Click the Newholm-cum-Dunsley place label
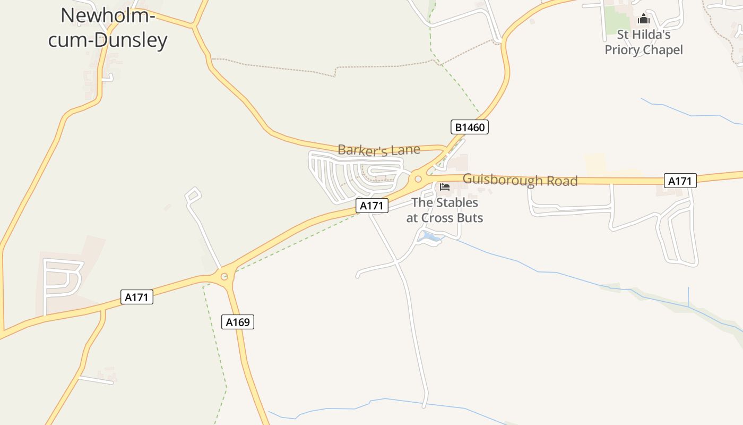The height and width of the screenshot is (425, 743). [x=108, y=28]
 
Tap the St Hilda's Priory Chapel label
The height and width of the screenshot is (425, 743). [x=644, y=42]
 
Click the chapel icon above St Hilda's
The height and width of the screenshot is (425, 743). [x=644, y=20]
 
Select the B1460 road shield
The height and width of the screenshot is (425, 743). [x=470, y=127]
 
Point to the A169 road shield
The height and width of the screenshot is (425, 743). [x=238, y=322]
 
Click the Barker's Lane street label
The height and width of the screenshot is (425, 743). [x=379, y=150]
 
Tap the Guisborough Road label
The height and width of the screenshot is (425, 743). [x=520, y=180]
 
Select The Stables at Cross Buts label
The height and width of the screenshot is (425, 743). [x=445, y=210]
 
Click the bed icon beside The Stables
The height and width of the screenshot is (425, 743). [x=445, y=187]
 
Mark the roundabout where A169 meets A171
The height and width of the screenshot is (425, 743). [x=224, y=276]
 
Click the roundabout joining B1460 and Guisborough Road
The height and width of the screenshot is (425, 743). [x=419, y=179]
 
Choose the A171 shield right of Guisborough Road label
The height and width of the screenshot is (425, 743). [x=680, y=181]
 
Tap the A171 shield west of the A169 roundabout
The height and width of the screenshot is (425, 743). [x=137, y=297]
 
